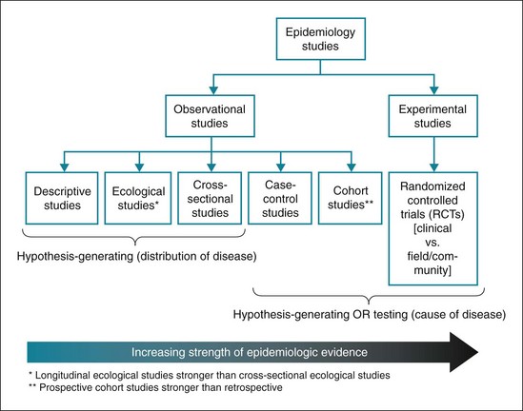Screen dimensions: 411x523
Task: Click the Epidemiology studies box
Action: coord(321,41)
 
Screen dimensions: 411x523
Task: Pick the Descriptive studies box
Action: coord(61,198)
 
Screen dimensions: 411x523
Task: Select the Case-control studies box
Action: coord(280,198)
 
